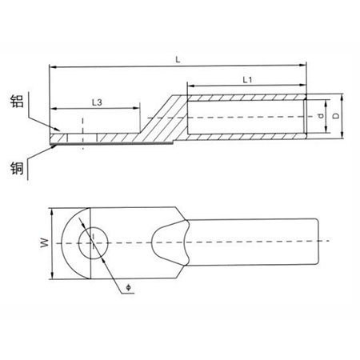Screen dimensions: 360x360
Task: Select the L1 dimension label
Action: pyautogui.click(x=247, y=79)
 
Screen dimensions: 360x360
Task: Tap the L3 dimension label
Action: pyautogui.click(x=96, y=102)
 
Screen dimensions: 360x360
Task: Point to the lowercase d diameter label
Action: pyautogui.click(x=319, y=118)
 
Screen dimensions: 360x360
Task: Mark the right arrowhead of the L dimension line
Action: pyautogui.click(x=304, y=67)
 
